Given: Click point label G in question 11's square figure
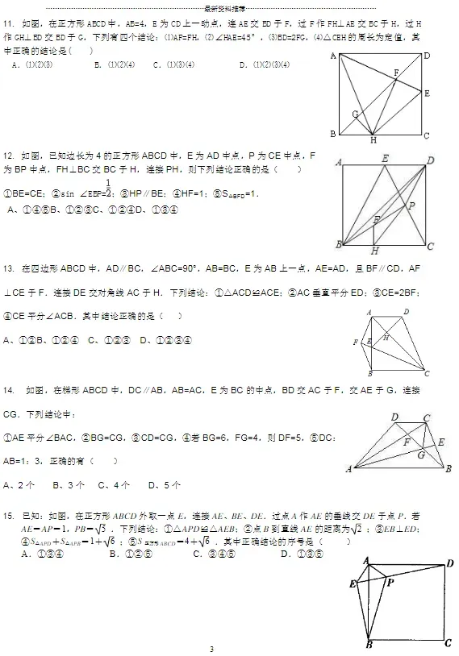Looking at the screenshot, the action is tap(354, 114).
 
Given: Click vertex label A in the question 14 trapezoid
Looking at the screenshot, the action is tap(349, 468).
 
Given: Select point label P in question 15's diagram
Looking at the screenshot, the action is tap(390, 581).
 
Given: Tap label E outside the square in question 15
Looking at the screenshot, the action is tap(353, 583).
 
